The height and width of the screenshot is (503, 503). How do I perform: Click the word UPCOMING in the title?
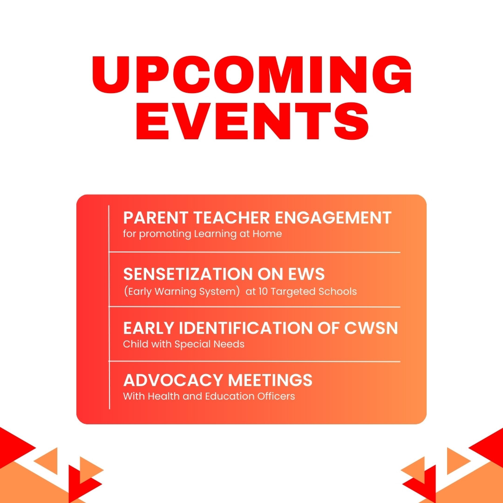(x=252, y=75)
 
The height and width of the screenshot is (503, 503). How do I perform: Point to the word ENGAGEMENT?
(x=333, y=218)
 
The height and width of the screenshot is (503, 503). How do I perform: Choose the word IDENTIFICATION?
(x=245, y=328)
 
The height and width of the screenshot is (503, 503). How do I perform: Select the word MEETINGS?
(x=270, y=380)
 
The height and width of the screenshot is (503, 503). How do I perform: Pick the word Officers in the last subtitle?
(x=276, y=396)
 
